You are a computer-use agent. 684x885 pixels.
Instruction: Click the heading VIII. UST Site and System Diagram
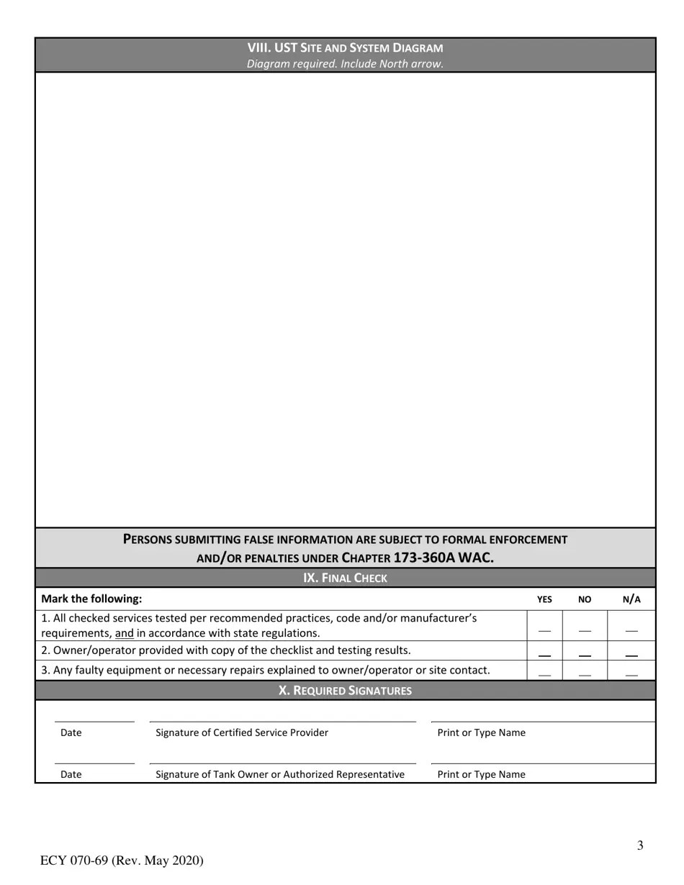click(x=345, y=47)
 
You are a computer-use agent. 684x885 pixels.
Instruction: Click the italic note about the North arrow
click(x=345, y=63)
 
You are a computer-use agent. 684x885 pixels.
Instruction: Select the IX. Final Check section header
click(x=345, y=578)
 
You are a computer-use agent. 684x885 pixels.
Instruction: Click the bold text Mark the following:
click(x=91, y=599)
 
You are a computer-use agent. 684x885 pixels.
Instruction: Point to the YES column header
click(x=544, y=599)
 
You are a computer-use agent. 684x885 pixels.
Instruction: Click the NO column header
click(x=584, y=599)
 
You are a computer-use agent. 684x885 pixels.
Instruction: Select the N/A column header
click(x=631, y=599)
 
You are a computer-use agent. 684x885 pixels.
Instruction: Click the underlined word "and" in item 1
click(x=124, y=633)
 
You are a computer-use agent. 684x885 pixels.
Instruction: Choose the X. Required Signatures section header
click(x=345, y=691)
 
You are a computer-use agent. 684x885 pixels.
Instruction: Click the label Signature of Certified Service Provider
click(x=242, y=732)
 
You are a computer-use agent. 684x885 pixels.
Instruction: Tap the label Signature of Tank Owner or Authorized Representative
click(x=280, y=774)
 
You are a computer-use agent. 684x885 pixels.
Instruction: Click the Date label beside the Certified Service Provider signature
click(x=71, y=732)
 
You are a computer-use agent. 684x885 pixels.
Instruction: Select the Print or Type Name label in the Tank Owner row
click(x=481, y=774)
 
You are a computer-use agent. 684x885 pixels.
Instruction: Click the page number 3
click(x=639, y=845)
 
